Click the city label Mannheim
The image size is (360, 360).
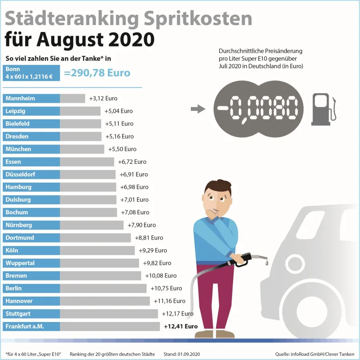[20, 98]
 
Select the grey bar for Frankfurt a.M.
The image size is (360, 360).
[110, 326]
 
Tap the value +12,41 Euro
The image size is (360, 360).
[181, 326]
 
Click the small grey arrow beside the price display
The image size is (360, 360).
[197, 109]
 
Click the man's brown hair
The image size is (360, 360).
[218, 187]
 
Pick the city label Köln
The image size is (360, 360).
[12, 250]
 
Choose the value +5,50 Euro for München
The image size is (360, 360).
[122, 149]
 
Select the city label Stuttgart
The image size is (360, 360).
[18, 314]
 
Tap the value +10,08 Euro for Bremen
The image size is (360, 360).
[160, 276]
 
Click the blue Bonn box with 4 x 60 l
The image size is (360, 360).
[31, 73]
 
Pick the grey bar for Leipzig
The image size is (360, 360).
[80, 111]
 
